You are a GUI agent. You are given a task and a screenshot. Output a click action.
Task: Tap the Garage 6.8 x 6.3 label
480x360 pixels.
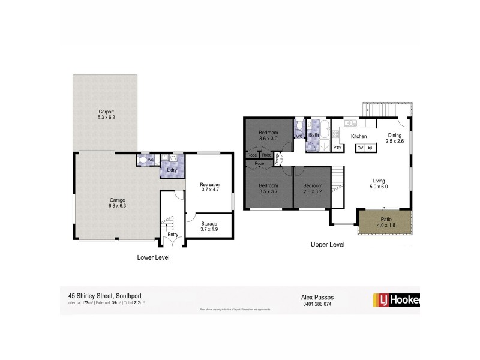(116, 202)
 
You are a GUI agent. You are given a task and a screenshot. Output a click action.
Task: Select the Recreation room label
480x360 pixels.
(210, 187)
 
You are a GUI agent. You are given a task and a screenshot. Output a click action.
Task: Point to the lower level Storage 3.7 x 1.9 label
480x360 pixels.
(209, 226)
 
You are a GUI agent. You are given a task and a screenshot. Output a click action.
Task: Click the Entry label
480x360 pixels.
(172, 234)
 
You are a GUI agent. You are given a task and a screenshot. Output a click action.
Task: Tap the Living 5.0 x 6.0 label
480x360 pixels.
(379, 183)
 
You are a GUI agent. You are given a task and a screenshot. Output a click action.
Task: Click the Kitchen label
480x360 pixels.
(359, 137)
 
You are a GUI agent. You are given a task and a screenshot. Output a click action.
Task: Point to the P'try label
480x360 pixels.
(337, 147)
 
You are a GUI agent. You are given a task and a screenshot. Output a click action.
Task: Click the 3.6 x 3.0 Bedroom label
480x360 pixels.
(267, 135)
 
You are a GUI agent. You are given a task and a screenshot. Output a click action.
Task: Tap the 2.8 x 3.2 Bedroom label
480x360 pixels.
(312, 188)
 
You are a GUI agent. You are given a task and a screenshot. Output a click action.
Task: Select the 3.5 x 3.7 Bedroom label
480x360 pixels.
(267, 188)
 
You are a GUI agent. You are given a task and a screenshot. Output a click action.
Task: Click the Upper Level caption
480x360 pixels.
(327, 245)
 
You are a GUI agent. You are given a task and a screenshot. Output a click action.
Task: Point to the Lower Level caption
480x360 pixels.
(154, 257)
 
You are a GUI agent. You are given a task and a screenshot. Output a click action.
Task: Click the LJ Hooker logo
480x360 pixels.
(396, 298)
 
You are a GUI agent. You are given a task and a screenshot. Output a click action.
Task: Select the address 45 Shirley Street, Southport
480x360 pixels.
(103, 296)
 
